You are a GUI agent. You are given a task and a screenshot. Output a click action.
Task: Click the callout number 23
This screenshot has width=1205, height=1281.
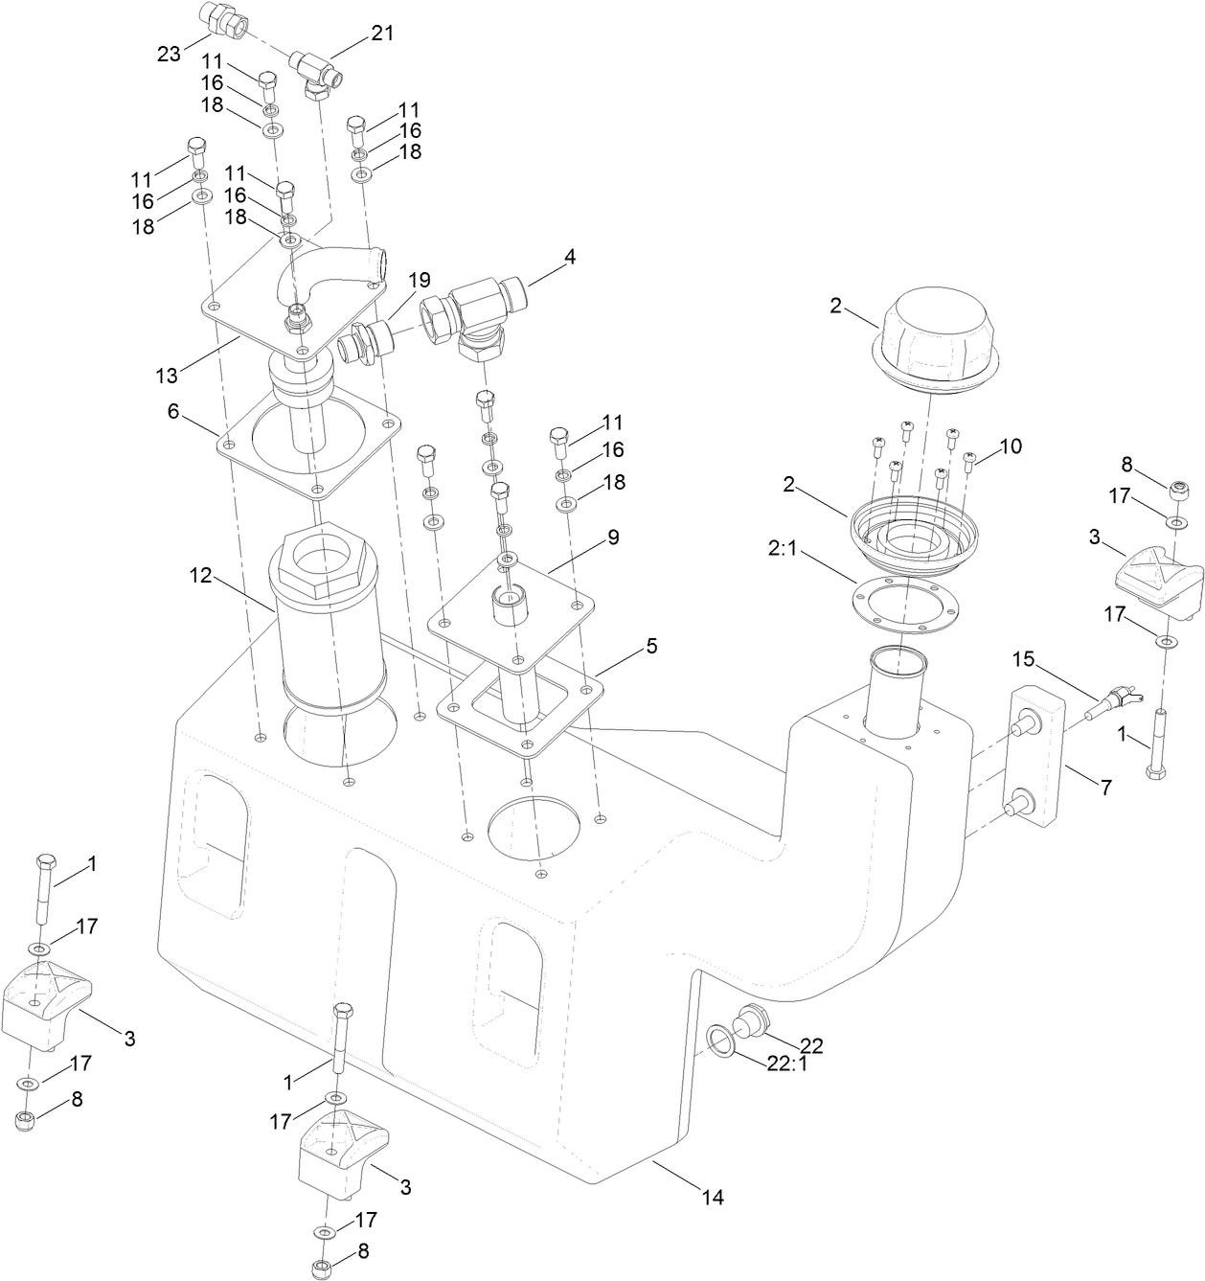tap(169, 55)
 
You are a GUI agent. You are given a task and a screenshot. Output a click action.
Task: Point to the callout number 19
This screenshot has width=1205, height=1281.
tap(419, 281)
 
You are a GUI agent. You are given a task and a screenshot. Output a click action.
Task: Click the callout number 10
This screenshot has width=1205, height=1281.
tap(1011, 446)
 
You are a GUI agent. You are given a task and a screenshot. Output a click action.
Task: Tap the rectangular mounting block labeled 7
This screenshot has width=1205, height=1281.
tap(1036, 754)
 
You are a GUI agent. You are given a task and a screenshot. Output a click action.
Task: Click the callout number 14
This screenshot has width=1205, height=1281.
tap(712, 1197)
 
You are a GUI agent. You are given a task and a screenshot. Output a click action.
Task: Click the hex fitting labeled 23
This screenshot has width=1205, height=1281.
tap(223, 19)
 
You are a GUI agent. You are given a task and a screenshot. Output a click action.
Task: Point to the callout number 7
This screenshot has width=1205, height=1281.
tap(1105, 788)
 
